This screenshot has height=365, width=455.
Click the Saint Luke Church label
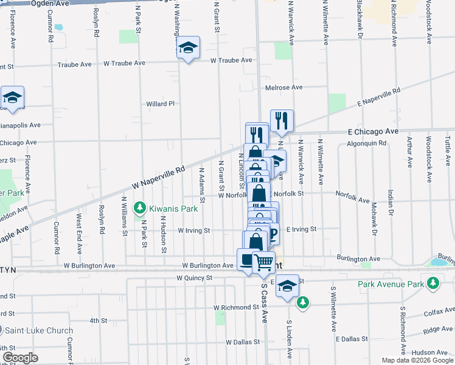point(39,331)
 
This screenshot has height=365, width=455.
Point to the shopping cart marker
point(263,262)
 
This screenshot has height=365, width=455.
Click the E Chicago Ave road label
point(373,131)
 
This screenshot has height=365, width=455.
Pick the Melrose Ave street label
point(283,88)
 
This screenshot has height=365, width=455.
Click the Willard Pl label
point(160,104)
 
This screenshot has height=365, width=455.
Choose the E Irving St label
point(301,229)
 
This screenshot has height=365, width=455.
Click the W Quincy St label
point(193,277)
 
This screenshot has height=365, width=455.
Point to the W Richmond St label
point(237,307)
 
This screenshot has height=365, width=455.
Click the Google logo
point(19,358)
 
